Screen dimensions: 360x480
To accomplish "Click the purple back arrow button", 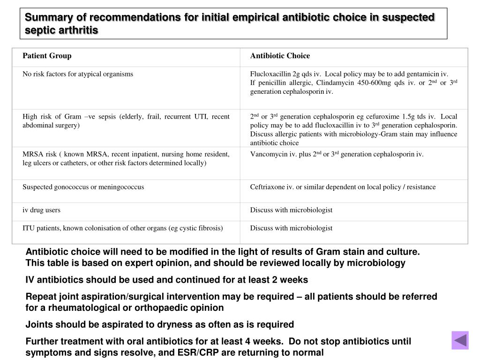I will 460,340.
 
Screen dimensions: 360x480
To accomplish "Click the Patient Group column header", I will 47,56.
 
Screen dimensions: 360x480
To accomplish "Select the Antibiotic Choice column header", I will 280,56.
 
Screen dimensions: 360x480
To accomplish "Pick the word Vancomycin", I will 266,154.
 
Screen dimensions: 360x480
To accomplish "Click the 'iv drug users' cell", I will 41,210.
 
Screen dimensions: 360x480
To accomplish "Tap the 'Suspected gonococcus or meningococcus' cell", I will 83,187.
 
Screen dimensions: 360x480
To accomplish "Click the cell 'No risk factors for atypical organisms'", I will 78,74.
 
